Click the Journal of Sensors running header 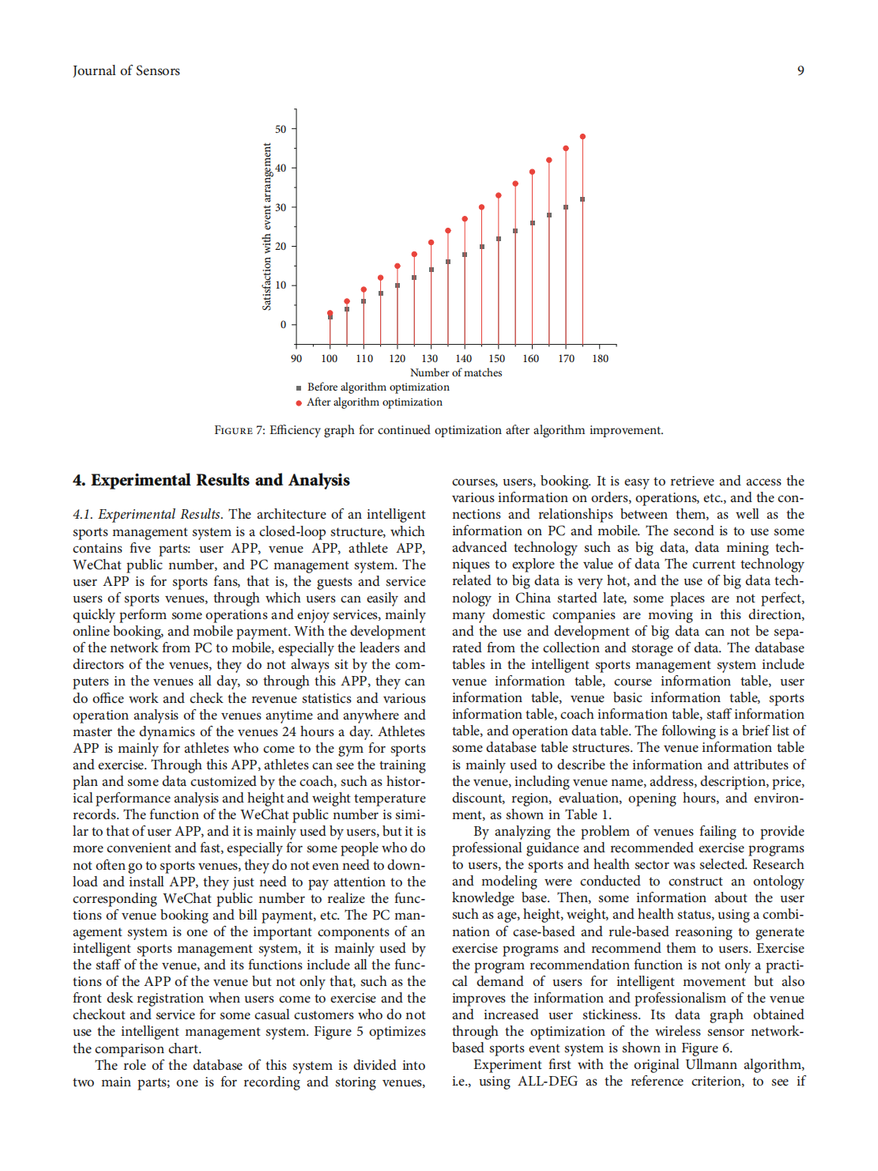click(126, 71)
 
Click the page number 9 click(801, 71)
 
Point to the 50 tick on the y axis click(281, 129)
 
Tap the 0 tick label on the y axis click(284, 324)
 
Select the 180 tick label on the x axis click(601, 359)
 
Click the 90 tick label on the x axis click(296, 359)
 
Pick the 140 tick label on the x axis click(464, 359)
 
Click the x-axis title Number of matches click(456, 373)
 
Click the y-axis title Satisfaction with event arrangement click(267, 227)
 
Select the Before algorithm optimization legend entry click(378, 387)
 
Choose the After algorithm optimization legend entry click(375, 402)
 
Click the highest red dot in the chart click(583, 137)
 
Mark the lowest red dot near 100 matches click(330, 313)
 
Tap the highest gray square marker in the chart click(583, 199)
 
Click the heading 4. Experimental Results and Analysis click(211, 481)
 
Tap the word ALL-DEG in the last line click(548, 1082)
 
